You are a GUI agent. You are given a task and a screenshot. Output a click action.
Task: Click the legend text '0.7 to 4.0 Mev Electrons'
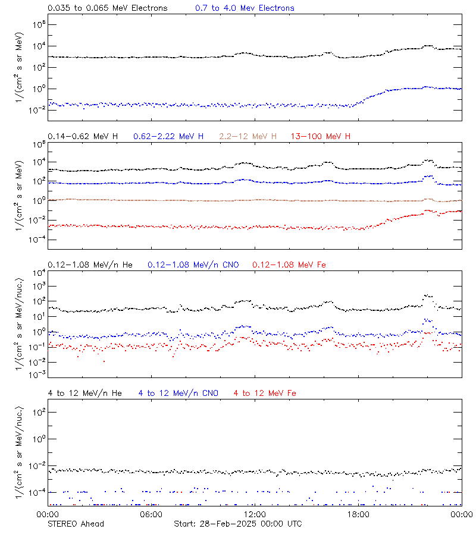[245, 8]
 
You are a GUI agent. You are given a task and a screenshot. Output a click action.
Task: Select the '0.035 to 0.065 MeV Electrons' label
[107, 8]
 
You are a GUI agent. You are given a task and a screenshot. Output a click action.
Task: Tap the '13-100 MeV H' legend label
[320, 137]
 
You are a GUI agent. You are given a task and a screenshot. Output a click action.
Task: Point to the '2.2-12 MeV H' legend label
[248, 137]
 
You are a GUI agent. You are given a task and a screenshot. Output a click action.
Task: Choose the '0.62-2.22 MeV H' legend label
[168, 137]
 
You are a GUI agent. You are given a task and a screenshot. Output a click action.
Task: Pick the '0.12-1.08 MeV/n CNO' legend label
[193, 265]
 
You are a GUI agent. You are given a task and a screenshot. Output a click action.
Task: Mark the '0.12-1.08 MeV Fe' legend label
[289, 265]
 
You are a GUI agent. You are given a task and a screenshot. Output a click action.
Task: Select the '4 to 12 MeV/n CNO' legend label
[178, 393]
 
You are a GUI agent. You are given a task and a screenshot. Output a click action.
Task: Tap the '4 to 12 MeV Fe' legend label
[265, 393]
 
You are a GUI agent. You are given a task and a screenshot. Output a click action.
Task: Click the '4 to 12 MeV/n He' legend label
[84, 393]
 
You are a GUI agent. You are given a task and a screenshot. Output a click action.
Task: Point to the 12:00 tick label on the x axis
[255, 514]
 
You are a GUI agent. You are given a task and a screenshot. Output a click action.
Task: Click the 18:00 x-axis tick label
[358, 514]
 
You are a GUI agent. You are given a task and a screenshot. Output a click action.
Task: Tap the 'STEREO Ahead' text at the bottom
[76, 524]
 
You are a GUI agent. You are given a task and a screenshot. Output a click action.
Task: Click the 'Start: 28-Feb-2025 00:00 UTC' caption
[237, 524]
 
